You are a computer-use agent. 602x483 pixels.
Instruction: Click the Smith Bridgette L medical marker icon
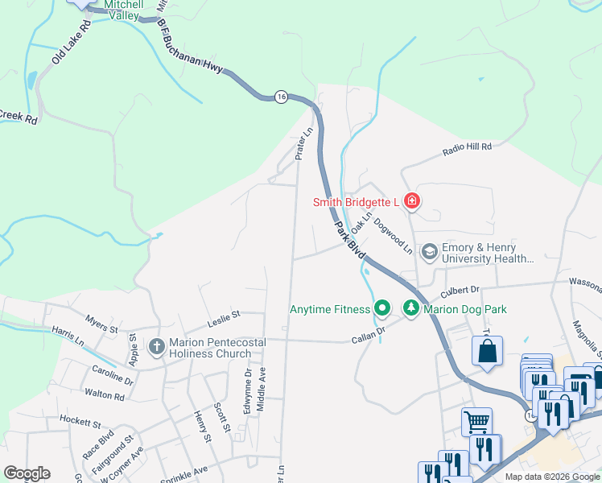click(412, 200)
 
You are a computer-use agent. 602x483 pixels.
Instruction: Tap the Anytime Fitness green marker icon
click(381, 308)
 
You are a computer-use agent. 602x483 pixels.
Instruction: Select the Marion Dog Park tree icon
click(411, 308)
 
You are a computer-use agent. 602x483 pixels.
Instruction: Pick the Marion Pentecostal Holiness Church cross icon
click(157, 348)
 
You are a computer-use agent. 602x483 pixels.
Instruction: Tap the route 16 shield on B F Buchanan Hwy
click(280, 96)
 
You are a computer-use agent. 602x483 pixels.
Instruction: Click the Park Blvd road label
click(349, 240)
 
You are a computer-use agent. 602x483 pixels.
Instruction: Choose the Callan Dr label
click(369, 335)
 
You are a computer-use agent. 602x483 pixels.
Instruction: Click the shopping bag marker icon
click(487, 350)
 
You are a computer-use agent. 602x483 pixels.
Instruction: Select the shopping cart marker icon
click(476, 421)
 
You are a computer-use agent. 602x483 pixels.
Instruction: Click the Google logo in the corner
click(27, 473)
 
